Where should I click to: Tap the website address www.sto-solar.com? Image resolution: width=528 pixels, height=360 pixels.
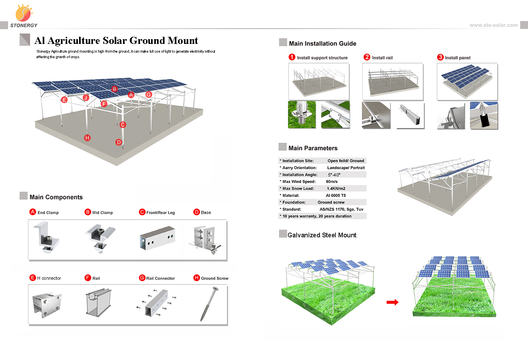click(x=493, y=25)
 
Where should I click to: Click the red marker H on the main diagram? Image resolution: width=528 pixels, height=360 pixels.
click(x=87, y=138)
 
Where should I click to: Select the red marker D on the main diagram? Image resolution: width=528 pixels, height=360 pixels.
click(x=119, y=142)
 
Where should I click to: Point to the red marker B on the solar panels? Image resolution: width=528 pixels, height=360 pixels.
click(x=114, y=89)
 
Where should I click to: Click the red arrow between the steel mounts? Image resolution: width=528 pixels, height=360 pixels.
click(x=392, y=302)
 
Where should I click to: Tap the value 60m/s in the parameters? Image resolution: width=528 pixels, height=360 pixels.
click(x=331, y=182)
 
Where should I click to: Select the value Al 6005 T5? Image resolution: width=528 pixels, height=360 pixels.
click(x=335, y=195)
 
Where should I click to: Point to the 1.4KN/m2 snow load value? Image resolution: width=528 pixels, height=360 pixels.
click(x=336, y=188)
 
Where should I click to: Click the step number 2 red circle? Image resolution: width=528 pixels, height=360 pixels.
click(x=367, y=57)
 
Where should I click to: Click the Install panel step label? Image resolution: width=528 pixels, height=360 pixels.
click(x=458, y=58)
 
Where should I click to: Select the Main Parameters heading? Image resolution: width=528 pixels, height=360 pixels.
click(x=313, y=148)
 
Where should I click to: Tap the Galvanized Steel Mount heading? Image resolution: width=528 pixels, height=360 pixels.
click(x=322, y=235)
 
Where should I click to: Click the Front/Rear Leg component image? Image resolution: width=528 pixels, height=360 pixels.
click(x=157, y=239)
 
